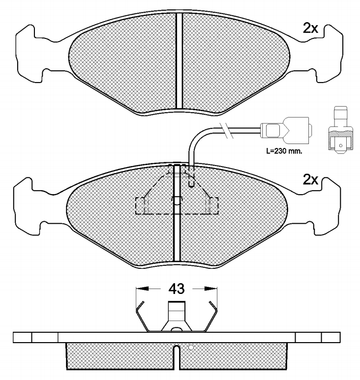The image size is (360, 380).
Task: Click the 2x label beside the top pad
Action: [310, 29]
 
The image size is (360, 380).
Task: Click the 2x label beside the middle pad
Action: [310, 180]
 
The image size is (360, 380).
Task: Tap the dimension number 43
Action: [176, 289]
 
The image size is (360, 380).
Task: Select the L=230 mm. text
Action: [284, 151]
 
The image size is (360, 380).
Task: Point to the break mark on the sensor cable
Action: [225, 131]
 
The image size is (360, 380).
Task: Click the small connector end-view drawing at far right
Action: [340, 130]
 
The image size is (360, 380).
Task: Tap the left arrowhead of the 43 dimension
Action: [142, 289]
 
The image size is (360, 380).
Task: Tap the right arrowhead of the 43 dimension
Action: [210, 289]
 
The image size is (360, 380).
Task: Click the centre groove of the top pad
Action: [179, 60]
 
